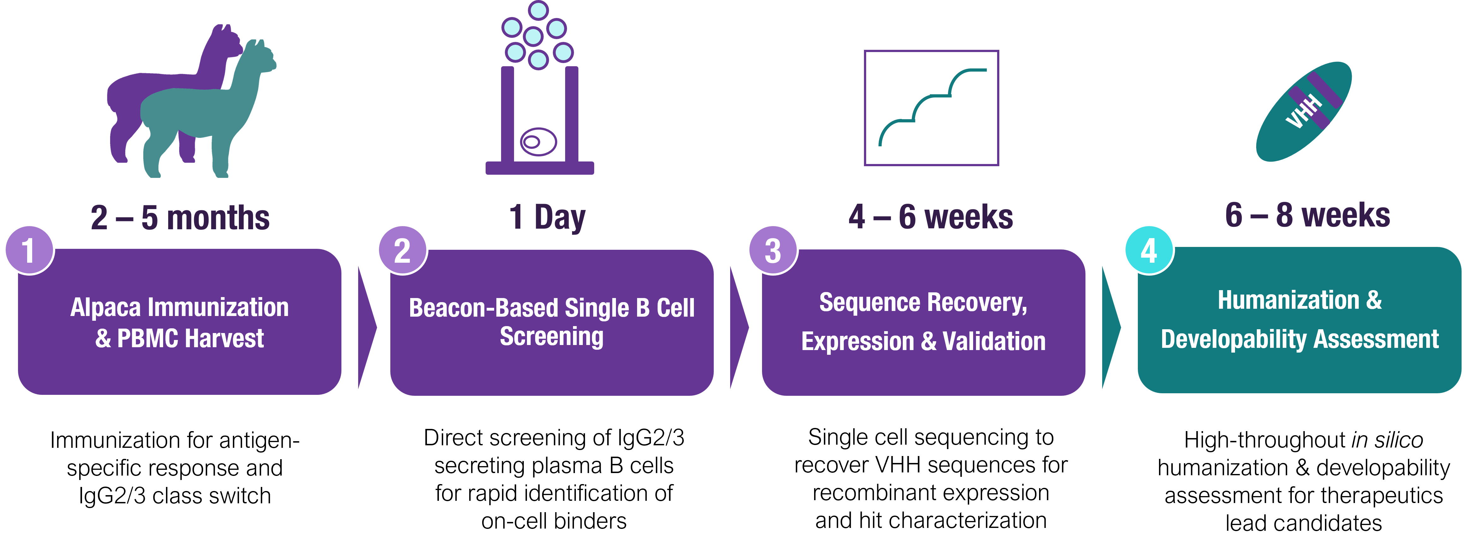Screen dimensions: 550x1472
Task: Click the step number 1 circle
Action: (x=29, y=250)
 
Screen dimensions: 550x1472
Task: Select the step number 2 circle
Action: (x=402, y=250)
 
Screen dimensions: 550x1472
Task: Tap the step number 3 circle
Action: (x=773, y=250)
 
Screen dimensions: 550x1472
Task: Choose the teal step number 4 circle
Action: (x=1149, y=250)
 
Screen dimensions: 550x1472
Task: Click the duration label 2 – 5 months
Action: (x=180, y=218)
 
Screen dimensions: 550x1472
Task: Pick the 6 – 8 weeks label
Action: (x=1307, y=215)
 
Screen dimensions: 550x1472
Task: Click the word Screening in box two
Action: (x=552, y=336)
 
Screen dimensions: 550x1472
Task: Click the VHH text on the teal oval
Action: (x=1304, y=112)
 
